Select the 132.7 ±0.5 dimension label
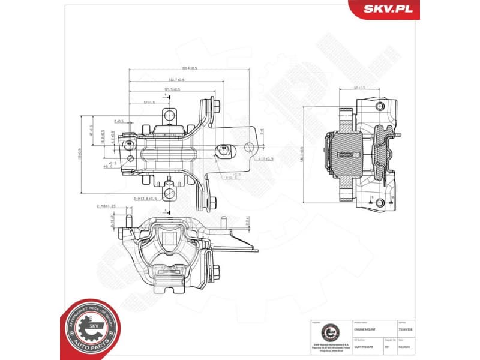pos(176,79)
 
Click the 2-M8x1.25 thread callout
pos(106,206)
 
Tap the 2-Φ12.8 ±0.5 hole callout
pos(146,198)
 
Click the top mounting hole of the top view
pos(170,114)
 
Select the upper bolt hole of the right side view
pos(379,106)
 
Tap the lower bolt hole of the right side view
pos(379,203)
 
